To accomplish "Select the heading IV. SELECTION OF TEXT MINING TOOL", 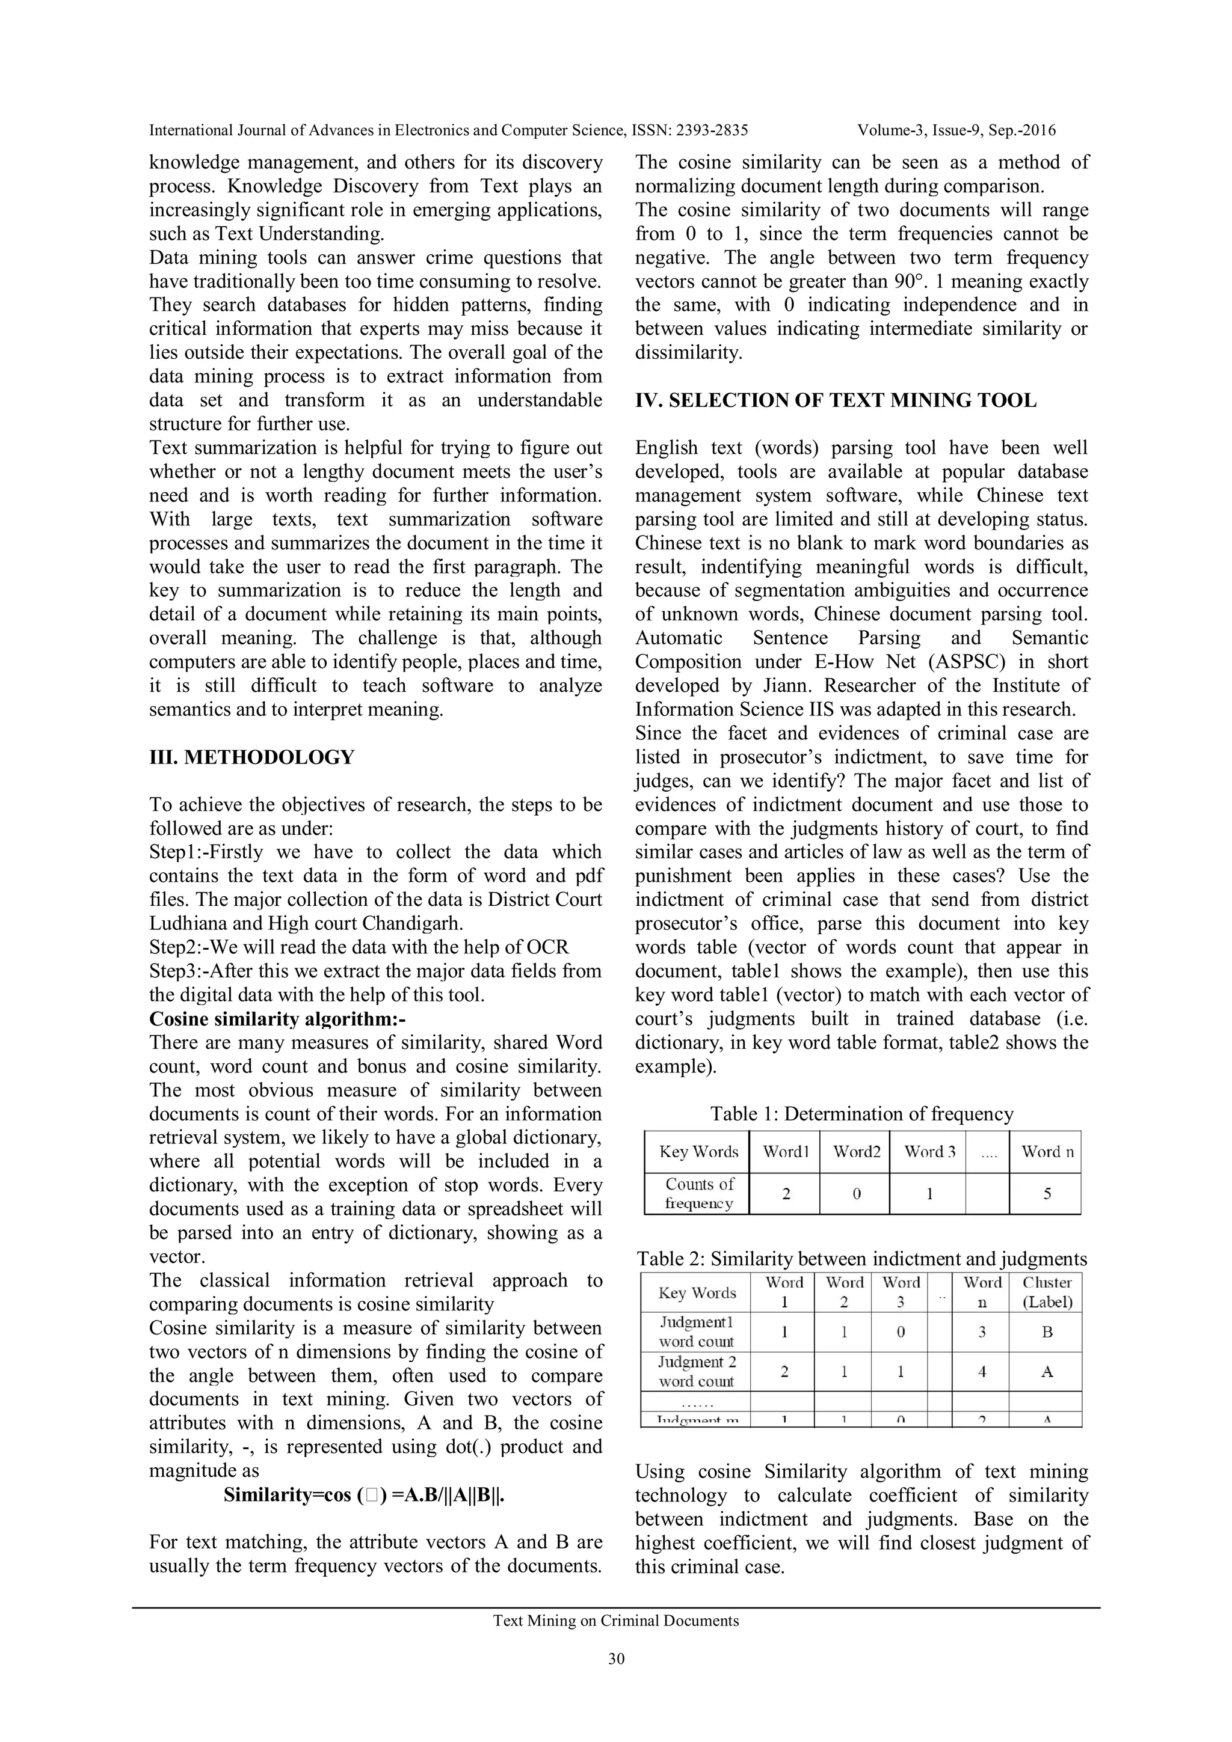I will pyautogui.click(x=836, y=400).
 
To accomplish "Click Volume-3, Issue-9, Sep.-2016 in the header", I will pyautogui.click(x=956, y=130).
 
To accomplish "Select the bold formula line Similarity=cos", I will pyautogui.click(x=365, y=1496).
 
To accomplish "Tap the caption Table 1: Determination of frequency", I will pyautogui.click(x=861, y=1114).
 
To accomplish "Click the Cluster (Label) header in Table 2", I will pyautogui.click(x=1047, y=1293).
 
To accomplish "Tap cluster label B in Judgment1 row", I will pyautogui.click(x=1047, y=1332).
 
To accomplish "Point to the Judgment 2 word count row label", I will pyautogui.click(x=696, y=1372).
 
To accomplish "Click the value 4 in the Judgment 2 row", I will pyautogui.click(x=982, y=1372).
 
